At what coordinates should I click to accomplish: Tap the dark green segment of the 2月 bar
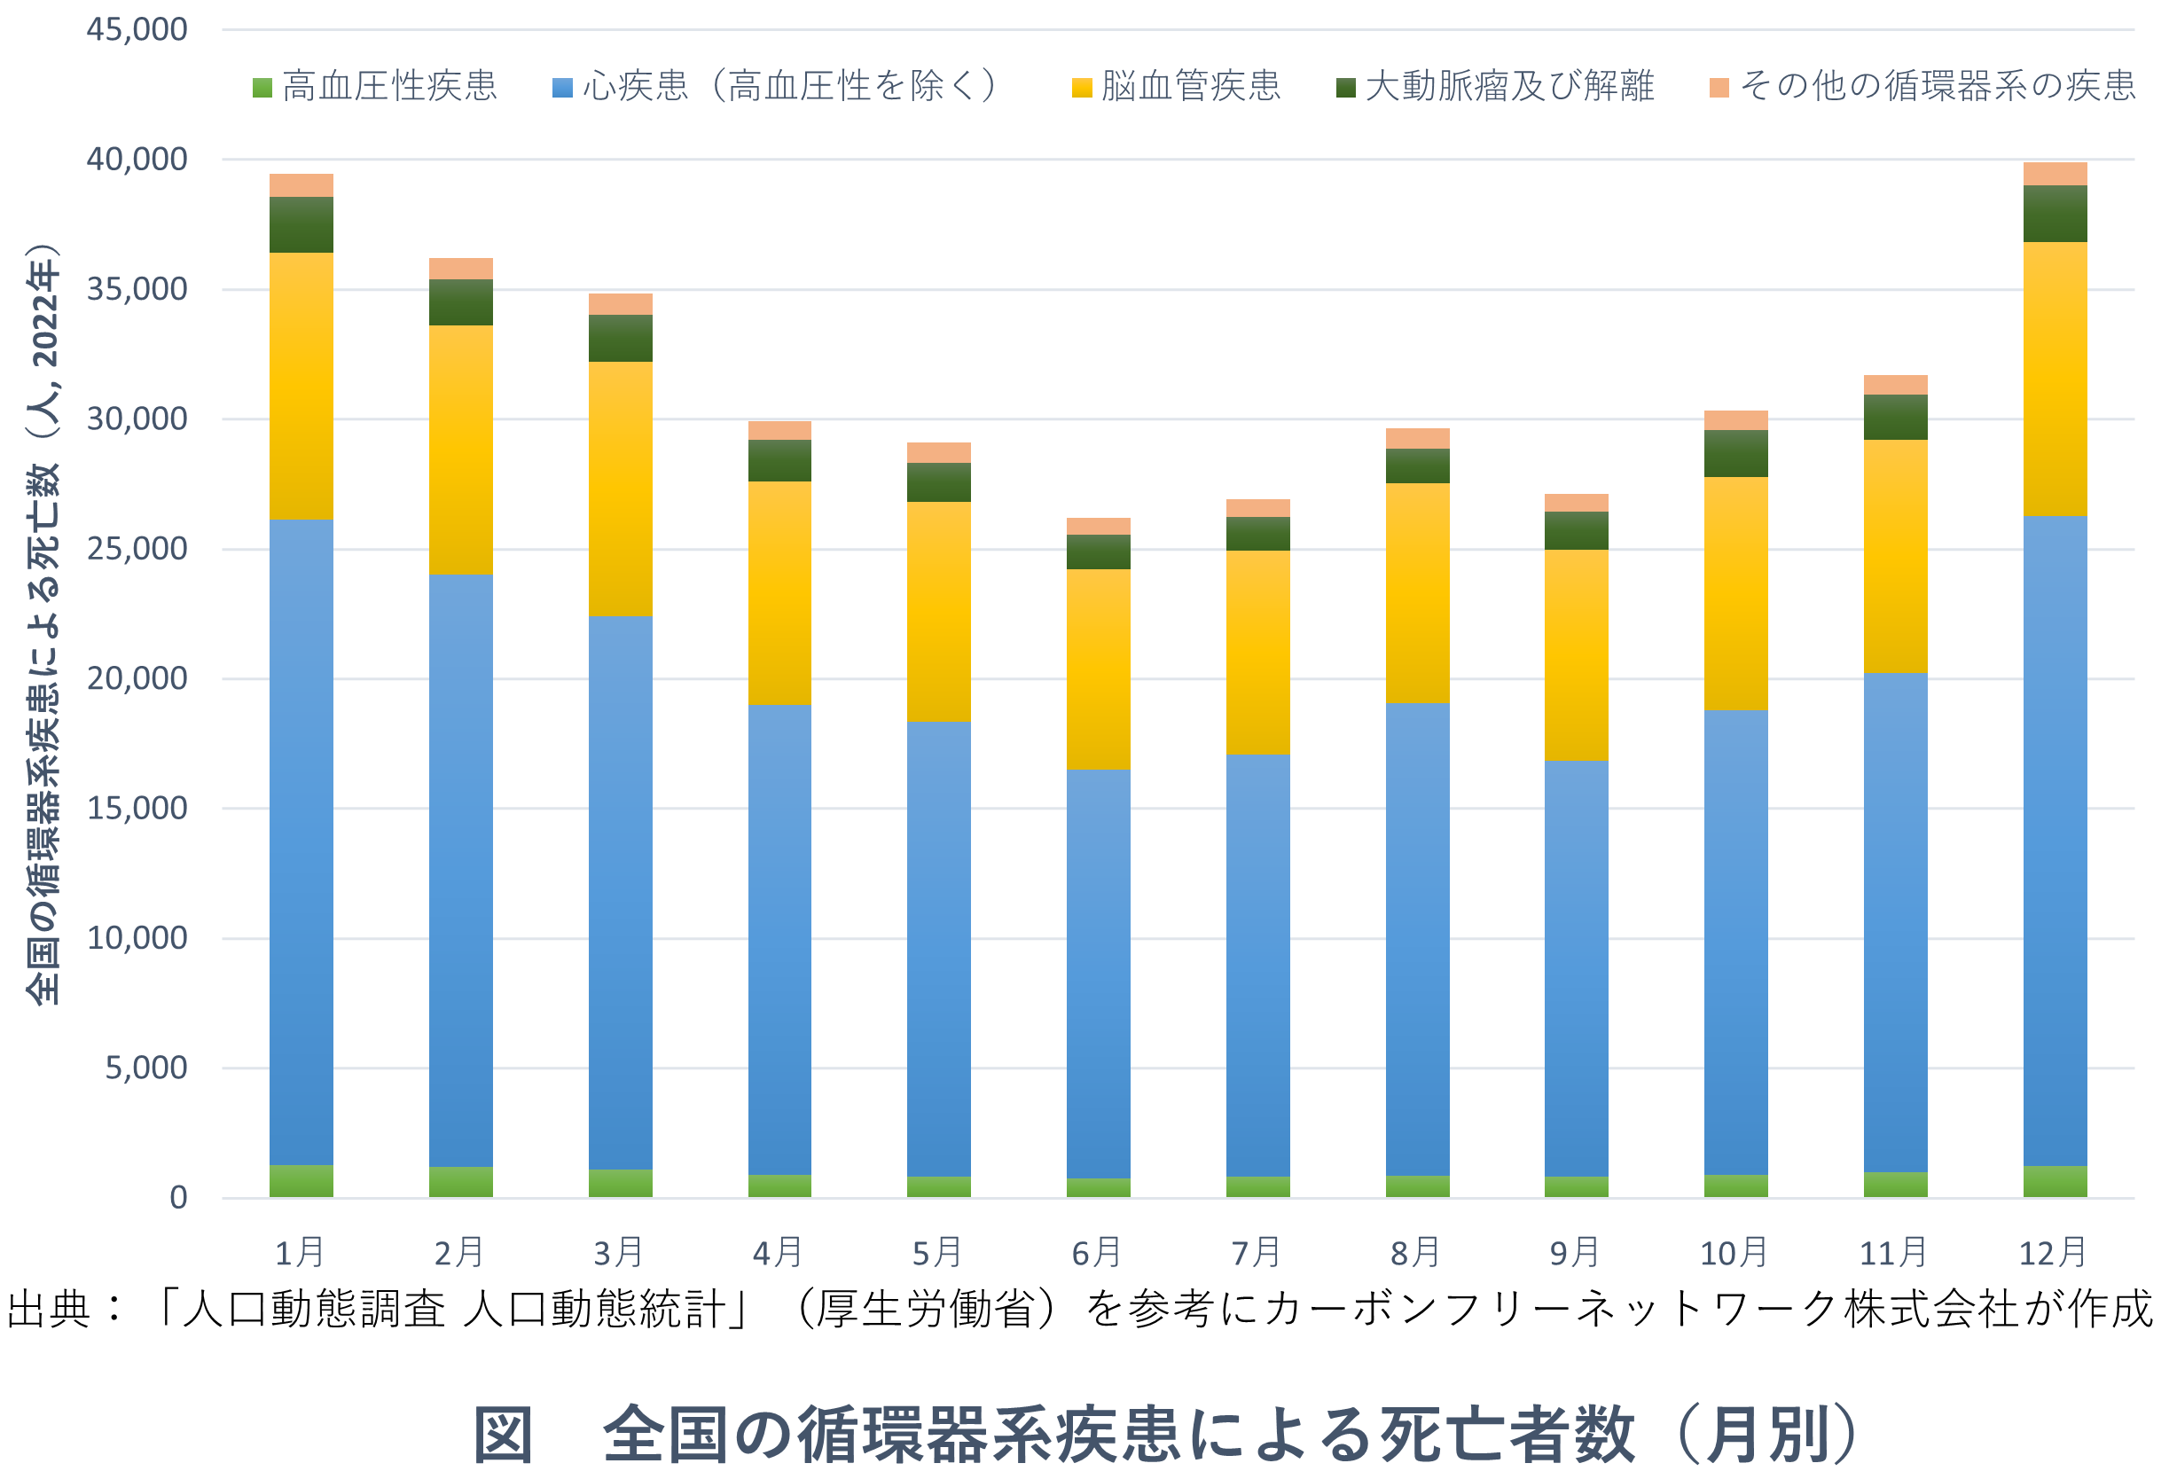coord(460,302)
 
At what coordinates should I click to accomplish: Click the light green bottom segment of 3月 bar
coord(620,1182)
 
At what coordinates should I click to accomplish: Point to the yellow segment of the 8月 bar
coord(1417,592)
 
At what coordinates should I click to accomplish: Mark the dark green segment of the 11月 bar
coord(1895,417)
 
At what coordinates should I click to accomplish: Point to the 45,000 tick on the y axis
coord(137,30)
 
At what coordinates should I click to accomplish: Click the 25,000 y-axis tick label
coord(137,549)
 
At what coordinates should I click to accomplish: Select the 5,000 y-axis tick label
coord(145,1068)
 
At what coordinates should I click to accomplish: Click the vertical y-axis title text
coord(43,625)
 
